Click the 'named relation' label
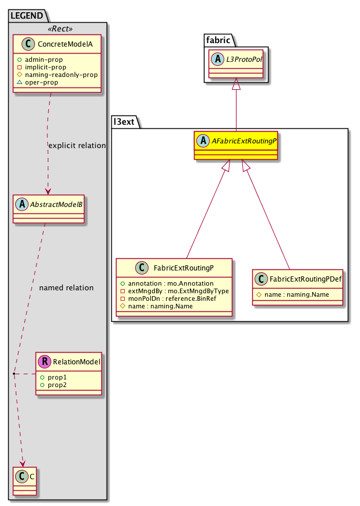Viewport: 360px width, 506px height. (x=66, y=287)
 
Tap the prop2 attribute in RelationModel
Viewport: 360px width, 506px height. (x=57, y=385)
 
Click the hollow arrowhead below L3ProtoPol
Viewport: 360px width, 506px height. (x=236, y=85)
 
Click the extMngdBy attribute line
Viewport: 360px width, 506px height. (x=174, y=290)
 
